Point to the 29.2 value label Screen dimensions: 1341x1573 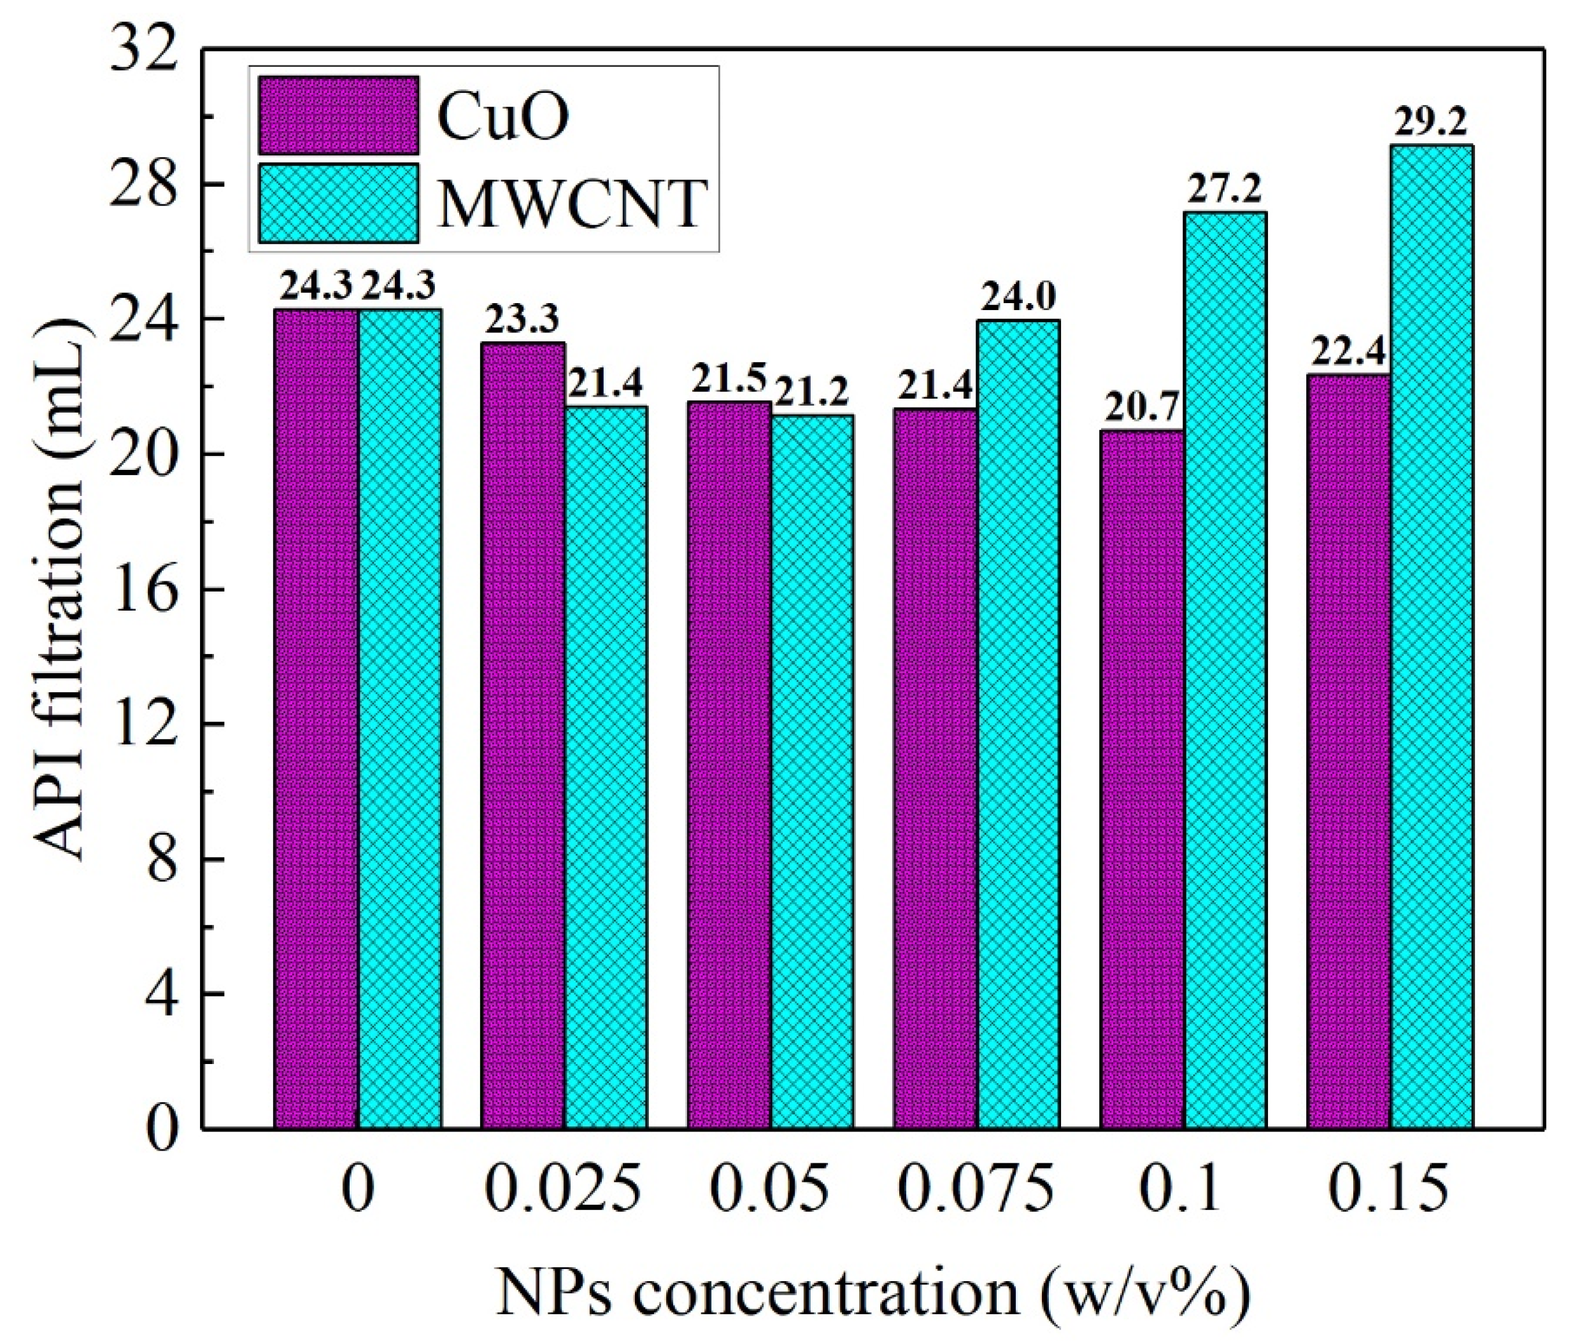pos(1431,122)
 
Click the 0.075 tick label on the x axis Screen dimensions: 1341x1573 pos(976,1189)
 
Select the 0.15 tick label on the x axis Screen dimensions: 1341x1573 pos(1390,1189)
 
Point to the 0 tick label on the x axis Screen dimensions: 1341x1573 pos(357,1189)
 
